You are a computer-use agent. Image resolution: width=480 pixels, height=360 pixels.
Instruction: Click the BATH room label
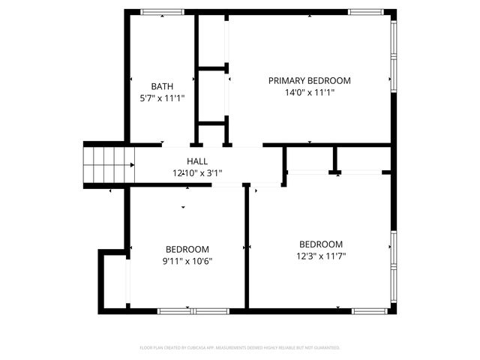click(162, 86)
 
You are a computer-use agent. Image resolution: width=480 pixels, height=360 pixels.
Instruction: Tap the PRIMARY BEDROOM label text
click(310, 80)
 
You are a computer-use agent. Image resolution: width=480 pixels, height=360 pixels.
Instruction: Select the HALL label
click(197, 161)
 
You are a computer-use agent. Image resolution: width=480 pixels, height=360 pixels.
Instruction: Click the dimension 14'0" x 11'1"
click(310, 92)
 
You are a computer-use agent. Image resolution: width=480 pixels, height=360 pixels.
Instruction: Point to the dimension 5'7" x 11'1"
click(162, 97)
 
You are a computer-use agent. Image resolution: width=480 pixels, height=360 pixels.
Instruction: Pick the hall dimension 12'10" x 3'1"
click(197, 172)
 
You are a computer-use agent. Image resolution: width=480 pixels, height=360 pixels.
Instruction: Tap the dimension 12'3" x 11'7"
click(321, 255)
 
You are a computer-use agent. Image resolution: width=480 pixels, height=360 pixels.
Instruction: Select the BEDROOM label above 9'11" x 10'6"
click(187, 249)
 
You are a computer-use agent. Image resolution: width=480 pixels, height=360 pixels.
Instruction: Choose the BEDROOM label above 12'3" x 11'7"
click(321, 244)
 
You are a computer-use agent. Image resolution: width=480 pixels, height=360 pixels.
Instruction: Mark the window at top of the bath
click(163, 12)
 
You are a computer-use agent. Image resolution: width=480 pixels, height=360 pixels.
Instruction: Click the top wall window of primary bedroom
click(365, 12)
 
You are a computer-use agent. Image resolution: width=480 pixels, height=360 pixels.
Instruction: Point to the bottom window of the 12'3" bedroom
click(369, 310)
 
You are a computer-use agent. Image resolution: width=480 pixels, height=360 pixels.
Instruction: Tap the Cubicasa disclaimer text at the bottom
click(240, 347)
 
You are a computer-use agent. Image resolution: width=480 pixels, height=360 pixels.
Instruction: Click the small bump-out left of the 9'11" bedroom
click(112, 281)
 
